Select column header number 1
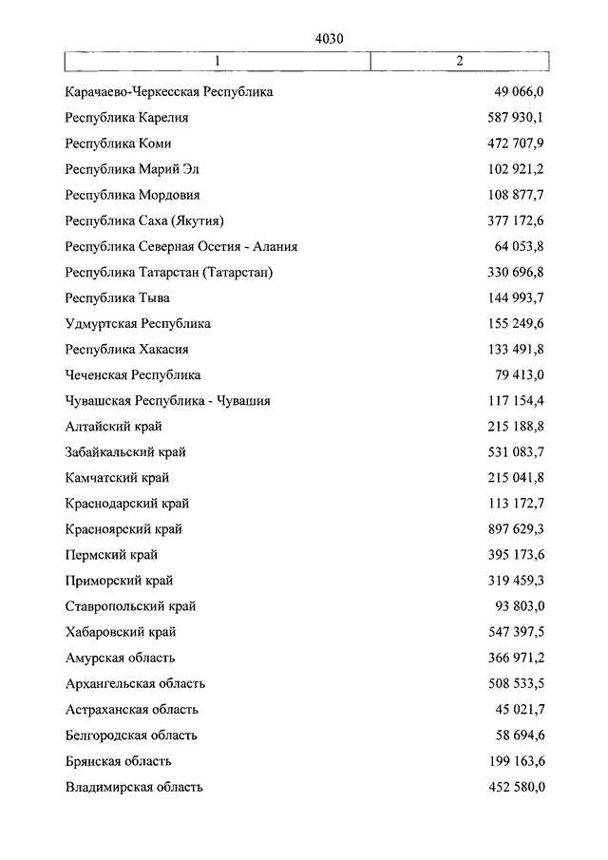[x=218, y=61]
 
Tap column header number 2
[x=459, y=61]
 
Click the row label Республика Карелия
[x=127, y=118]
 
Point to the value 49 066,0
[x=519, y=92]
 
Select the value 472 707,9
[x=512, y=143]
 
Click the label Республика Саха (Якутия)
[x=144, y=220]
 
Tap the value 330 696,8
[x=512, y=273]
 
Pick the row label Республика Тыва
[x=118, y=298]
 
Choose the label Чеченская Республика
[x=133, y=375]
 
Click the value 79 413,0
[x=519, y=375]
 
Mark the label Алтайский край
[x=115, y=427]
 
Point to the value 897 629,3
[x=512, y=529]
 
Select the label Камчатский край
[x=118, y=478]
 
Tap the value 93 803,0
[x=519, y=606]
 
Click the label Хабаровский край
[x=121, y=632]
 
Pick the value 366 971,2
[x=512, y=658]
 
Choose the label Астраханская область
[x=132, y=709]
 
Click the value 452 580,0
[x=512, y=787]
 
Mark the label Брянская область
[x=119, y=761]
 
